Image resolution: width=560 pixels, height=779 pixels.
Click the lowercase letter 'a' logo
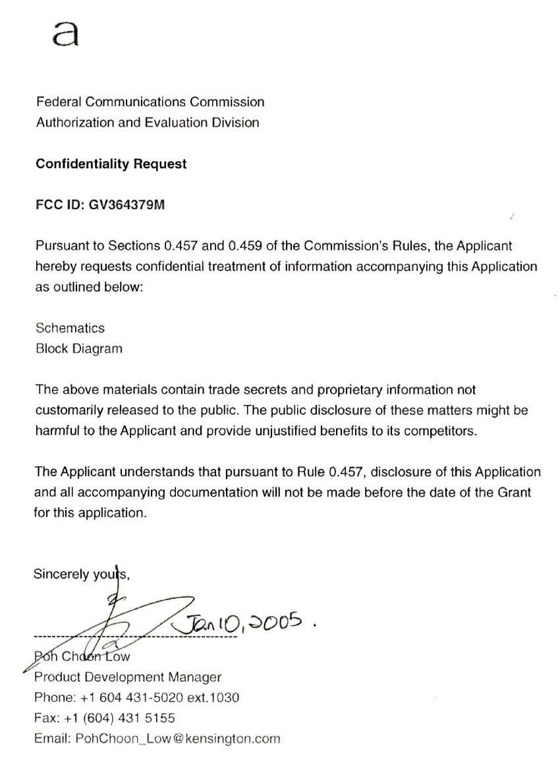point(66,33)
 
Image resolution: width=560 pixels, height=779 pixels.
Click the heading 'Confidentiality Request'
point(111,164)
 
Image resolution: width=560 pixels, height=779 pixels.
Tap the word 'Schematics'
point(70,328)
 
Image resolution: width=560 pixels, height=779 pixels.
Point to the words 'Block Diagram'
point(78,348)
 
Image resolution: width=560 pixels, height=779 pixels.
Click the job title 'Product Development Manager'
point(128,677)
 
